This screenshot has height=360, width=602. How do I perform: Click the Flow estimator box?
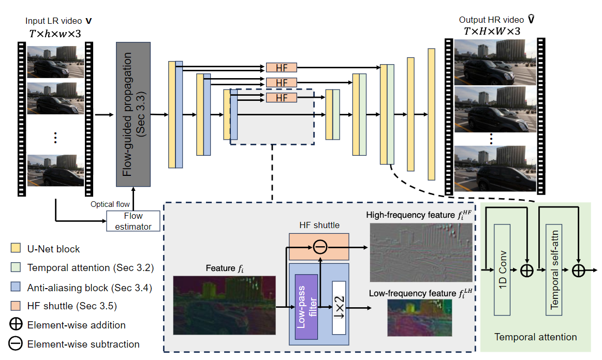pos(133,221)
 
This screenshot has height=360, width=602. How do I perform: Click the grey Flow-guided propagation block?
pos(133,114)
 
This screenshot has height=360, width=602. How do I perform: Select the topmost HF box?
pos(282,68)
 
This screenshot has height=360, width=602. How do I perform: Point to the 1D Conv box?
pos(502,270)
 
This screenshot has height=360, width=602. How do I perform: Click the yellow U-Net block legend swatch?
pos(16,249)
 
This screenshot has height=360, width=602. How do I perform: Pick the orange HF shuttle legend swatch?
pos(16,306)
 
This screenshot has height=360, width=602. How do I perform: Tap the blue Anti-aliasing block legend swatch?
pos(16,287)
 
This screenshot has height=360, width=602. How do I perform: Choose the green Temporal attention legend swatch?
pos(16,268)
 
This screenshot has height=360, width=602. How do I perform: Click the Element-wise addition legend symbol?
pos(16,325)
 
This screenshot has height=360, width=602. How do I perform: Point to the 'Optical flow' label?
pos(110,205)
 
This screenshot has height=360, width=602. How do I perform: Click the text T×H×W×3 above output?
pos(492,32)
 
